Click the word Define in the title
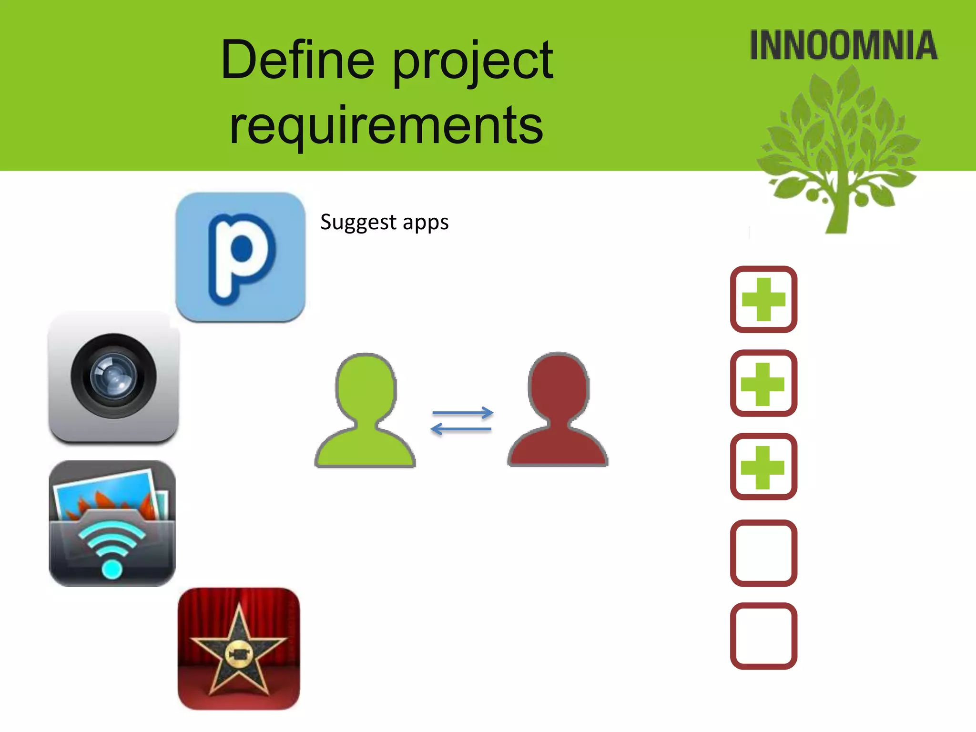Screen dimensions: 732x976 click(x=298, y=61)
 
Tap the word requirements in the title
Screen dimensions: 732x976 click(x=386, y=125)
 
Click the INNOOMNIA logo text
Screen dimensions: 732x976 click(x=844, y=46)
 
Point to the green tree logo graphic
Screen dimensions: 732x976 click(x=839, y=152)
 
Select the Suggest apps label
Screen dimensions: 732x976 click(x=384, y=223)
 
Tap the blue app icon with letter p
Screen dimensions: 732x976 click(x=240, y=257)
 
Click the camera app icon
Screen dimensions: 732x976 click(x=113, y=376)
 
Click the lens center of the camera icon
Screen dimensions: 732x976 click(x=113, y=376)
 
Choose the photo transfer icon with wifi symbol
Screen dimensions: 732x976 click(x=112, y=523)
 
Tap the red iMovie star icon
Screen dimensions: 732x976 click(x=239, y=649)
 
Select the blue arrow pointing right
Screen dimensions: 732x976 click(x=462, y=413)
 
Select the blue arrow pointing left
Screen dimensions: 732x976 click(x=461, y=429)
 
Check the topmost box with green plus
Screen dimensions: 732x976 click(x=763, y=299)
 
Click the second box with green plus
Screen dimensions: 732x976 click(x=763, y=383)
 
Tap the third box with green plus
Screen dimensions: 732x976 click(x=763, y=467)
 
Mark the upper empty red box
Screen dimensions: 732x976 click(x=763, y=553)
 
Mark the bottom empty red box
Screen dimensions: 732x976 click(x=763, y=636)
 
